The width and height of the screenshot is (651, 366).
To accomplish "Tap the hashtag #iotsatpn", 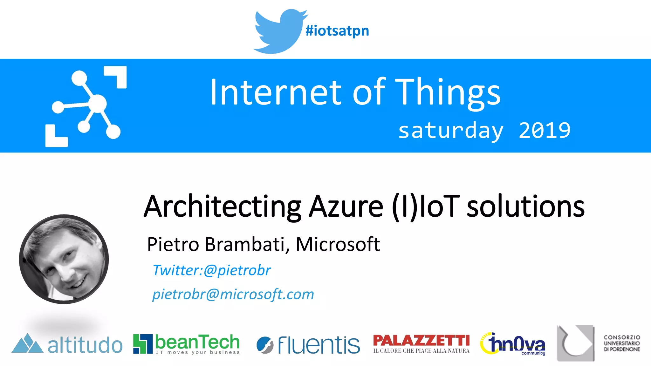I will [337, 31].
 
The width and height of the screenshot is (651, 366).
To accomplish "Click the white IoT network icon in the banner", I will [86, 106].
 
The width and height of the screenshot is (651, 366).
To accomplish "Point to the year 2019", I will [545, 130].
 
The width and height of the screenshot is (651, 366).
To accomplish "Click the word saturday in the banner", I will [451, 131].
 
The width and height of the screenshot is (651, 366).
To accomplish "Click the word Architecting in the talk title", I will [222, 207].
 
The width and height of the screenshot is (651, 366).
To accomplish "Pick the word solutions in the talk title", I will [525, 207].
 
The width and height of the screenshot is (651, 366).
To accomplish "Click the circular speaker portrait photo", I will [64, 259].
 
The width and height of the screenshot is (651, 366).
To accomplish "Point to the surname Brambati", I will [245, 244].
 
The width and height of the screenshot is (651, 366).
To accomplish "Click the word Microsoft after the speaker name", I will [338, 244].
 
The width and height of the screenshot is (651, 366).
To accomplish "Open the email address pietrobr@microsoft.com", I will [233, 294].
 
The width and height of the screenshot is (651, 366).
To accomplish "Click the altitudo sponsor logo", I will [67, 344].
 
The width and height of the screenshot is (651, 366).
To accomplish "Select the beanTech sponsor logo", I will [186, 344].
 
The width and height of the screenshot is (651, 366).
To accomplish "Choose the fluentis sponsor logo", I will [308, 345].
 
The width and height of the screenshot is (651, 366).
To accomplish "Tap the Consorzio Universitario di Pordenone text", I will [622, 343].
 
